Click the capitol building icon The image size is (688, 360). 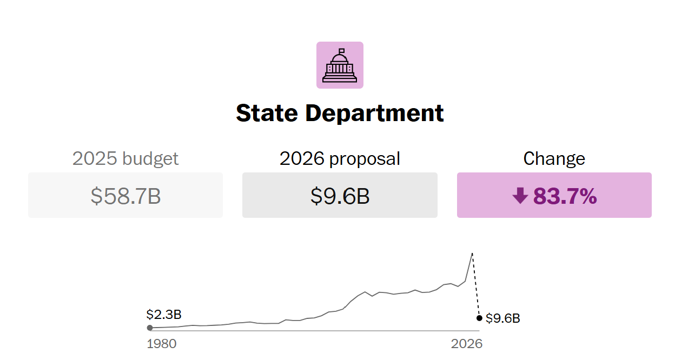(340, 65)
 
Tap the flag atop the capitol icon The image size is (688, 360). (341, 50)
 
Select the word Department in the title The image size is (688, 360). (374, 114)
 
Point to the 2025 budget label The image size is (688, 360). (125, 159)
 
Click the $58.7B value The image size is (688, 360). (125, 196)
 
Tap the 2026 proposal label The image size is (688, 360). (340, 159)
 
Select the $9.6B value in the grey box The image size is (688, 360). (340, 196)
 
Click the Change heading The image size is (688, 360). (554, 159)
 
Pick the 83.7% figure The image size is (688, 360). (565, 196)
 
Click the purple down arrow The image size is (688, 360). (520, 196)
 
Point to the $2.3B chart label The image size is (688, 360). (163, 315)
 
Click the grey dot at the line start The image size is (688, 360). (150, 328)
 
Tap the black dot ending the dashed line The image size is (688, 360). (479, 318)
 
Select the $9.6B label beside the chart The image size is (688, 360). (503, 318)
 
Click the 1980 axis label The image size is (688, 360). (162, 344)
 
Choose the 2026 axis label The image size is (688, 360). (466, 344)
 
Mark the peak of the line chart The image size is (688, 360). (472, 253)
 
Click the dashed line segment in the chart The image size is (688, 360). (476, 286)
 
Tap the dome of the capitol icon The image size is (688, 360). (340, 57)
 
